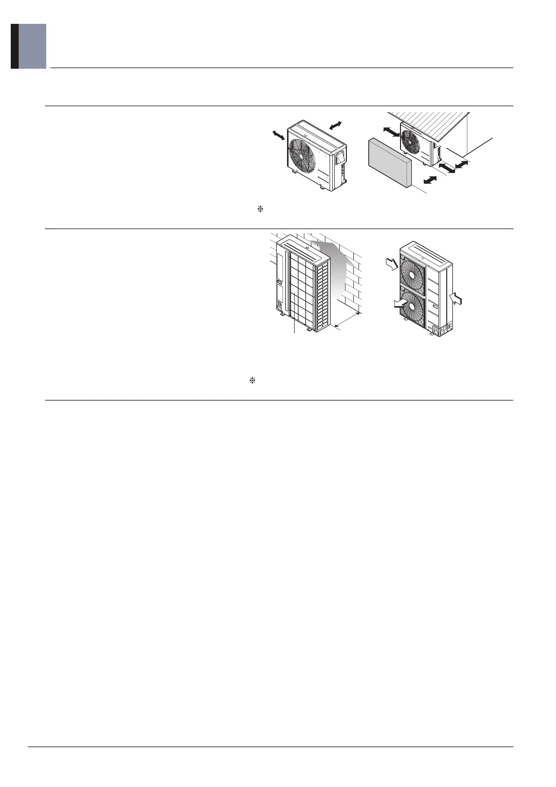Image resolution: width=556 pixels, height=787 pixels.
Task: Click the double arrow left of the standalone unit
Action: pos(278,135)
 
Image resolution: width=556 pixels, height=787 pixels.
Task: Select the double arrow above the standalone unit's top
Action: pos(336,125)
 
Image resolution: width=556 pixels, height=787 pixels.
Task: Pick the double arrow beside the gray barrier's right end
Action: pos(430,180)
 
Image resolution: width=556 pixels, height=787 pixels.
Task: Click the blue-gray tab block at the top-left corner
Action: pos(32,46)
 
